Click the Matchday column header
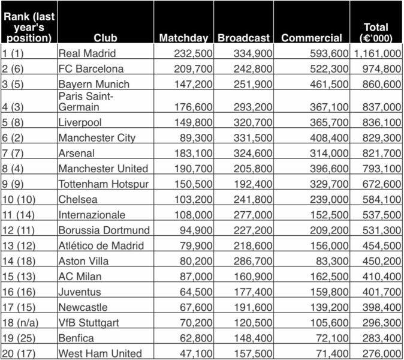point(183,38)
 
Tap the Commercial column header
point(312,38)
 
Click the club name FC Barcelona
point(91,69)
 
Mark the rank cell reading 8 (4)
point(16,169)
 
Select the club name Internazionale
point(92,215)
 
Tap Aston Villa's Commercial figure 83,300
point(330,261)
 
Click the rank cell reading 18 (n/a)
point(21,322)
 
